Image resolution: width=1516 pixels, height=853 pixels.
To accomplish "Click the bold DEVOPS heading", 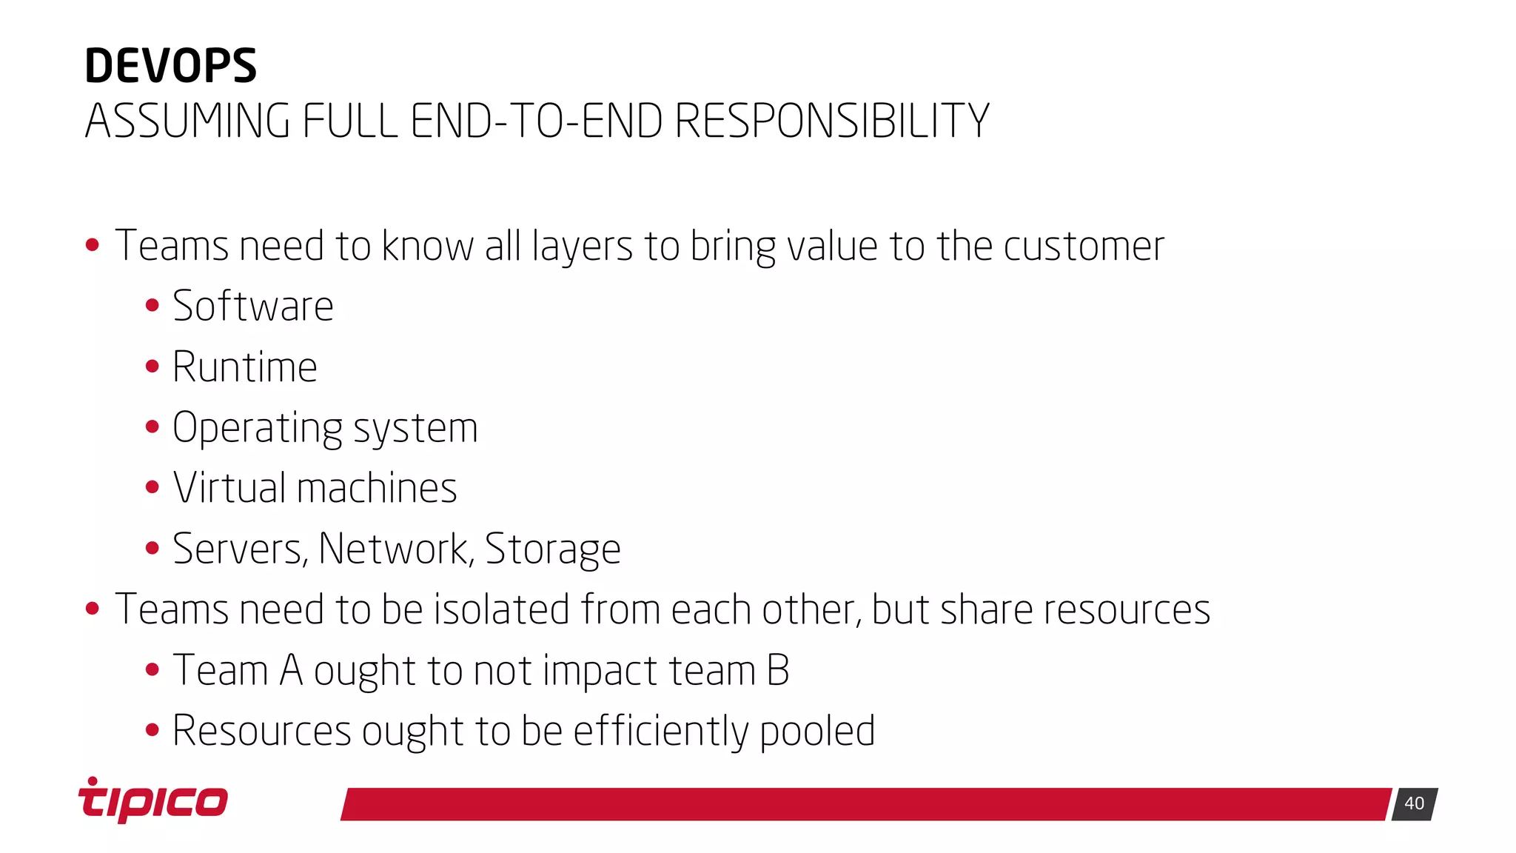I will pyautogui.click(x=170, y=66).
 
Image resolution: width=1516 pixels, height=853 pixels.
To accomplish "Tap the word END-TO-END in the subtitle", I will pyautogui.click(x=536, y=121).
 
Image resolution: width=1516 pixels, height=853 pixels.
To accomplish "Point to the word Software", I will pyautogui.click(x=253, y=307).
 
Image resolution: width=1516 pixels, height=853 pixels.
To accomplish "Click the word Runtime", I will pyautogui.click(x=245, y=367).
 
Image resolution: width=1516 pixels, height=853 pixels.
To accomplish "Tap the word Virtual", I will pyautogui.click(x=229, y=489).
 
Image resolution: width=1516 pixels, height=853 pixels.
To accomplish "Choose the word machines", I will pyautogui.click(x=377, y=489).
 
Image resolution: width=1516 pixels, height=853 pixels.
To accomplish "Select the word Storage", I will pyautogui.click(x=552, y=550).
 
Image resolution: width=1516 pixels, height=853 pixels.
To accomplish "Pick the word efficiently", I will pyautogui.click(x=660, y=732).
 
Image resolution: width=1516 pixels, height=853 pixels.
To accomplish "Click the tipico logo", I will pyautogui.click(x=153, y=800).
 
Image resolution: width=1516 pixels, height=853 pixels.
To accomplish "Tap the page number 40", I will pyautogui.click(x=1414, y=803).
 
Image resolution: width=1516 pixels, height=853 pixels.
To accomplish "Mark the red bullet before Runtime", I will pyautogui.click(x=152, y=367).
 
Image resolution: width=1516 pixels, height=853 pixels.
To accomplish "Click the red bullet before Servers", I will pyautogui.click(x=152, y=549).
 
